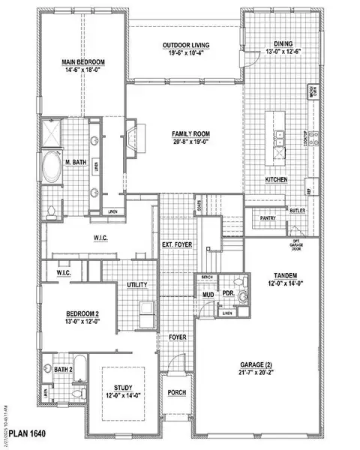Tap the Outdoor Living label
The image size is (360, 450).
(x=185, y=46)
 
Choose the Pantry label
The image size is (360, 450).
(x=268, y=218)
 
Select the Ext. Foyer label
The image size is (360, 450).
(x=178, y=245)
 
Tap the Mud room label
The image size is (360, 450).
(x=208, y=295)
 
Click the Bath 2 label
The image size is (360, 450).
(x=62, y=370)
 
